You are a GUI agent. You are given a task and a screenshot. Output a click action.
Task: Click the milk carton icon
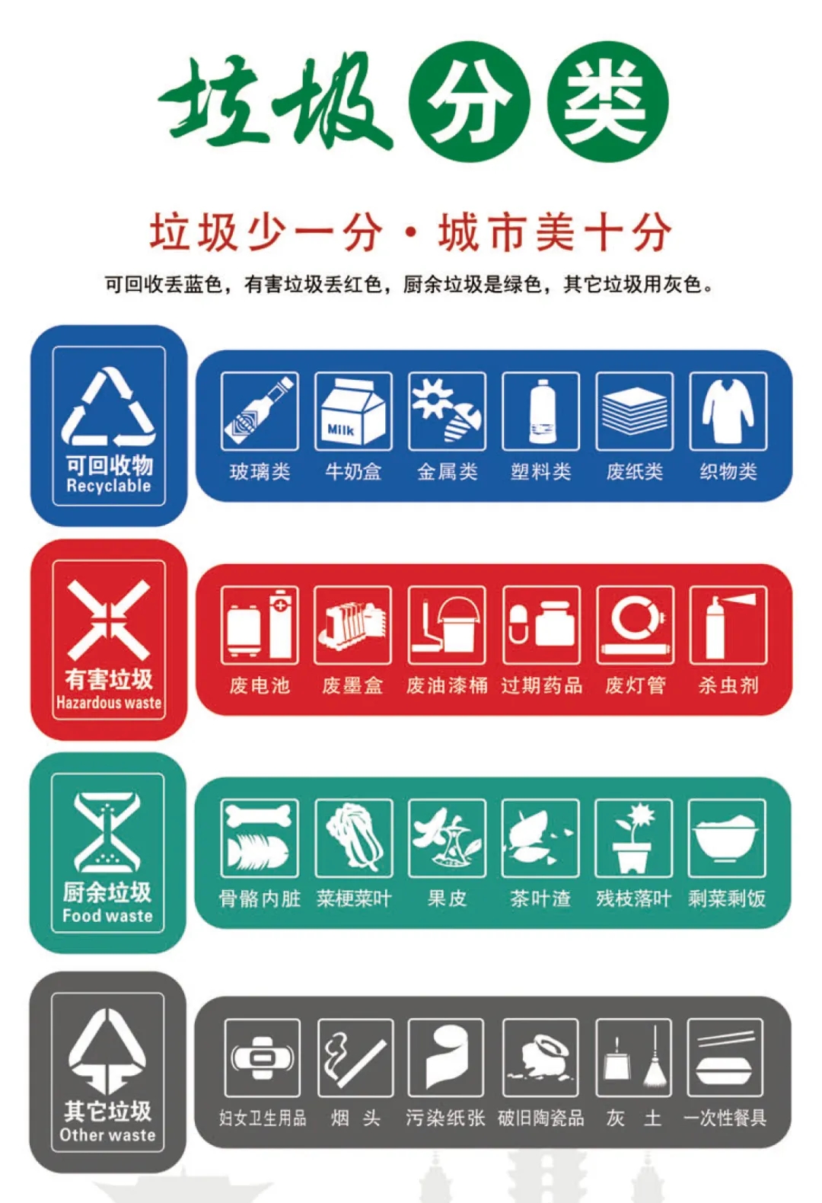(353, 411)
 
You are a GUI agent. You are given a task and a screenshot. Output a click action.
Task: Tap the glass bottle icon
(260, 411)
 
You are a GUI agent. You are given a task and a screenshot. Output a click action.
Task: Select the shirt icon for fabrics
(728, 411)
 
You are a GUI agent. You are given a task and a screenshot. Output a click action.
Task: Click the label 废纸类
(634, 472)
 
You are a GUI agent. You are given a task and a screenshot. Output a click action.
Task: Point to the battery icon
(260, 624)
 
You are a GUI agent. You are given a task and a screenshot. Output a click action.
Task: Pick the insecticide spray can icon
(728, 624)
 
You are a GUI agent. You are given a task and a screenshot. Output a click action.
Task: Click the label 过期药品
(541, 685)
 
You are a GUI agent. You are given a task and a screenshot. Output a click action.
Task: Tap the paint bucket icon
(447, 624)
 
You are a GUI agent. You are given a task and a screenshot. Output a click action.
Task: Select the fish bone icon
(260, 838)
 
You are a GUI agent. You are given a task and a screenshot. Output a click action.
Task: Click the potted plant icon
(634, 838)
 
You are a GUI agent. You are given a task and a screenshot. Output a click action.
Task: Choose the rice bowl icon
(726, 838)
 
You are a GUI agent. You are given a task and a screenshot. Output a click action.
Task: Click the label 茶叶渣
(540, 898)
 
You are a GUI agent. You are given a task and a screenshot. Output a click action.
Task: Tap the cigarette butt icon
(355, 1057)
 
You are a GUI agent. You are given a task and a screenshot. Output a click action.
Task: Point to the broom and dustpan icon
(634, 1057)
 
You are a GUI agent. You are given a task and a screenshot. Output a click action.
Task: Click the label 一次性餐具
(725, 1118)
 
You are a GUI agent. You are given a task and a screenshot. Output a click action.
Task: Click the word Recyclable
(109, 486)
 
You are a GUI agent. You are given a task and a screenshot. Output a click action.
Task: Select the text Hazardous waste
(109, 702)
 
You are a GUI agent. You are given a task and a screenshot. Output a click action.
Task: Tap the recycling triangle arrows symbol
(109, 407)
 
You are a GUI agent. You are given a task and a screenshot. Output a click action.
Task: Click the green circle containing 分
(469, 101)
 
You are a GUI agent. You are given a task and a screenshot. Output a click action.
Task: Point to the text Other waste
(107, 1134)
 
